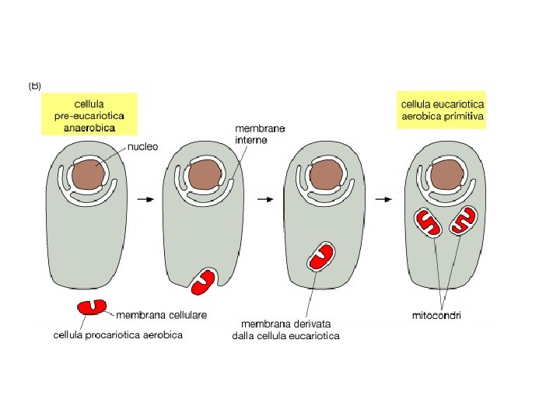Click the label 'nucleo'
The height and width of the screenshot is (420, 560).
(144, 146)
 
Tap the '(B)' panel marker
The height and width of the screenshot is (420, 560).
(35, 86)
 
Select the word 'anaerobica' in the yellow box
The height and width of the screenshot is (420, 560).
(89, 127)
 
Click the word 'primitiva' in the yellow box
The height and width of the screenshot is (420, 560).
(464, 116)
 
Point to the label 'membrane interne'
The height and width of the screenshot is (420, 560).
(260, 134)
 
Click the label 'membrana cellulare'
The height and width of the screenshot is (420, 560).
(162, 315)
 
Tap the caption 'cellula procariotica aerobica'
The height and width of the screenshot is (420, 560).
(118, 335)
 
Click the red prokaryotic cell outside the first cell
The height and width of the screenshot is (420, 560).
(92, 306)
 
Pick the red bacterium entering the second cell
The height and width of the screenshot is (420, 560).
(205, 281)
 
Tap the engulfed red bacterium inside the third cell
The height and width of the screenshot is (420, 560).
(322, 256)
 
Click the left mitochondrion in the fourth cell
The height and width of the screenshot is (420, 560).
(427, 222)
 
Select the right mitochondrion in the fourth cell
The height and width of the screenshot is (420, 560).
(465, 220)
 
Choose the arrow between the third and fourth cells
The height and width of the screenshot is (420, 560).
(383, 199)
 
